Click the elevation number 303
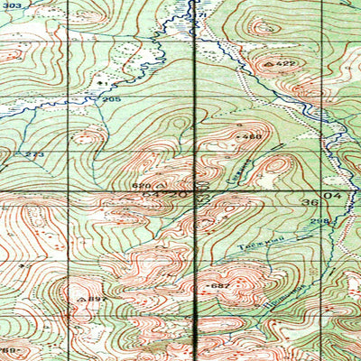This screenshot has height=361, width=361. (10, 81)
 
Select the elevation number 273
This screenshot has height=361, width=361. (34, 155)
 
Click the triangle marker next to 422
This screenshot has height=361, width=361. (271, 64)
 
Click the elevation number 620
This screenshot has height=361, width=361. (141, 186)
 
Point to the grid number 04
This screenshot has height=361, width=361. (338, 194)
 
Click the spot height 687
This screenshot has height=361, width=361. (220, 285)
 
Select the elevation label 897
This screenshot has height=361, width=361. (97, 299)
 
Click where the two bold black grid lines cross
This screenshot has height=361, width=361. (199, 190)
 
